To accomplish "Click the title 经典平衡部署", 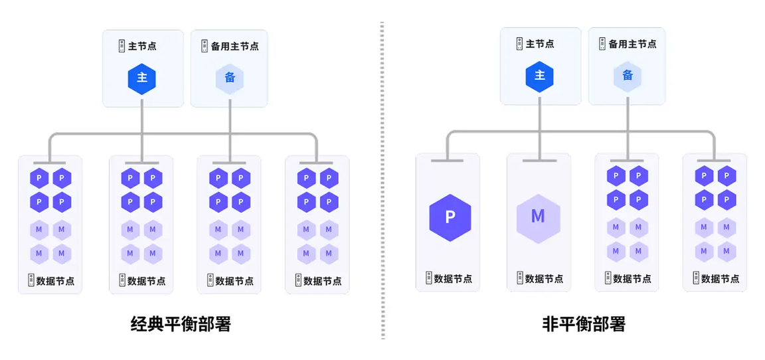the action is (181, 324).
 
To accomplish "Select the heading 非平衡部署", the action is (584, 324).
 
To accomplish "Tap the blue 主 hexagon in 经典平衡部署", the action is (141, 78).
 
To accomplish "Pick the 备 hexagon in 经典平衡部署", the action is (230, 78).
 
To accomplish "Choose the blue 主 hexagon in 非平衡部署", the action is (539, 76).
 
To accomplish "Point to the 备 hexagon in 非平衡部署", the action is (628, 76).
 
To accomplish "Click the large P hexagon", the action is (450, 218).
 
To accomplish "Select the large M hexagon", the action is (538, 218).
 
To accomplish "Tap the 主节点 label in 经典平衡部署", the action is (143, 47).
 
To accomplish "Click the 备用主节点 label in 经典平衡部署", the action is (235, 47).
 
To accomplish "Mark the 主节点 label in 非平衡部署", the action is (540, 44).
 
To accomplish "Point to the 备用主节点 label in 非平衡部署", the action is (633, 44).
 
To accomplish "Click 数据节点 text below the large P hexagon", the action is (454, 279).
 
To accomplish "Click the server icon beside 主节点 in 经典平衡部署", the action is (122, 47).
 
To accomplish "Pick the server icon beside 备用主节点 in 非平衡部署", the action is (602, 44).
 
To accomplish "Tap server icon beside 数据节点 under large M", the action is (519, 279).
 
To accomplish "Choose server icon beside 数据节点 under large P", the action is (429, 279).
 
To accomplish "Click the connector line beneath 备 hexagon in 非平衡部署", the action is (628, 126).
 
